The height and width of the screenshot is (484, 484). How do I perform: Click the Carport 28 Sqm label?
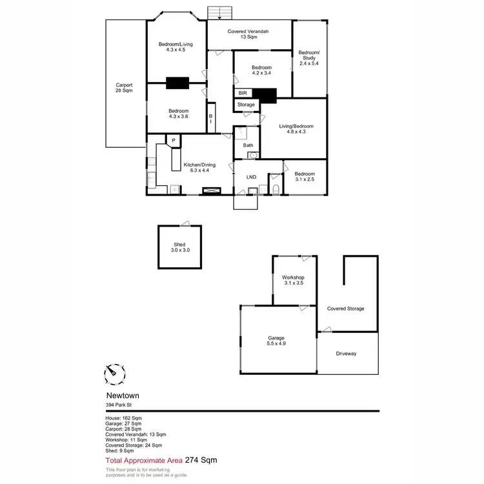click(124, 88)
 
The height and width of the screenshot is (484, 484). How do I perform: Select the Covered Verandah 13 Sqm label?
click(248, 35)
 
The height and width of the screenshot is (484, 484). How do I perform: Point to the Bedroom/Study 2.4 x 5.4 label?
click(308, 58)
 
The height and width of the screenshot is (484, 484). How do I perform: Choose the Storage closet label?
click(246, 105)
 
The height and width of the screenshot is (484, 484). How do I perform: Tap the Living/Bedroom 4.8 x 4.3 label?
click(292, 129)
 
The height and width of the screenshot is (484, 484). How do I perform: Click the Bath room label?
click(248, 146)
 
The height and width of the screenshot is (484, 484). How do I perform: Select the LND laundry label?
click(251, 177)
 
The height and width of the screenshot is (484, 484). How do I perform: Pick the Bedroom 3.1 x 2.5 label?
click(305, 177)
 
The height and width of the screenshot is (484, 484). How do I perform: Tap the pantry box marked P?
click(173, 140)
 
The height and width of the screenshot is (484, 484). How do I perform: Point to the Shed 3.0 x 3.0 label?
click(179, 247)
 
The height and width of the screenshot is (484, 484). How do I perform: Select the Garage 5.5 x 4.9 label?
click(276, 341)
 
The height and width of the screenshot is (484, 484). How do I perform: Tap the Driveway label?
click(347, 354)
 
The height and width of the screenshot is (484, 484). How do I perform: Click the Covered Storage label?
click(346, 308)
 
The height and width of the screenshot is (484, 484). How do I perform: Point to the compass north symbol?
click(114, 373)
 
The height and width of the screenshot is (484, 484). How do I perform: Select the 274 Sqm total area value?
click(201, 460)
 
